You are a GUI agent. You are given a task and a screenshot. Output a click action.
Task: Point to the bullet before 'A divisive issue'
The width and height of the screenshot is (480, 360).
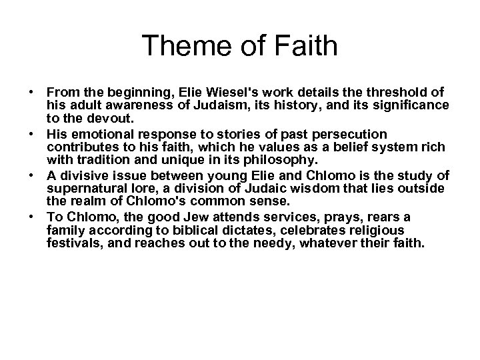(x=31, y=175)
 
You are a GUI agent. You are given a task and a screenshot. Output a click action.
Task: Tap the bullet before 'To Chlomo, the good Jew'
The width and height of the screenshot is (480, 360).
(x=31, y=218)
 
